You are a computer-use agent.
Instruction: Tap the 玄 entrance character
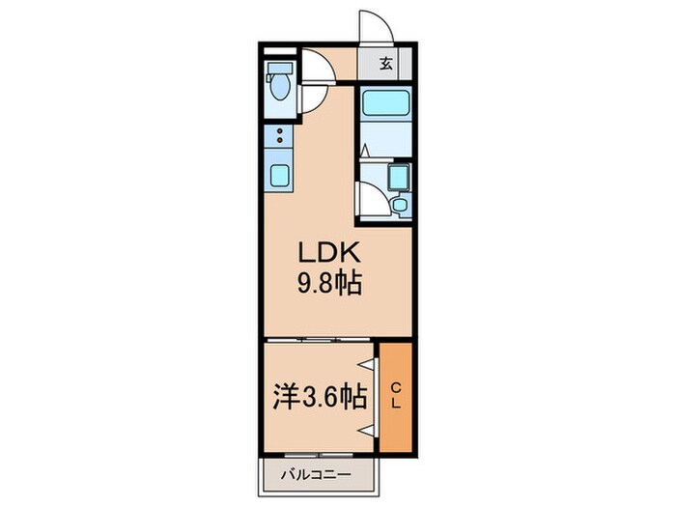coord(385,66)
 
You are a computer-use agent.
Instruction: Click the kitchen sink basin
coord(279,176)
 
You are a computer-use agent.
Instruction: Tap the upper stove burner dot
coord(279,130)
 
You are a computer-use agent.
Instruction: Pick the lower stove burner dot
coord(279,141)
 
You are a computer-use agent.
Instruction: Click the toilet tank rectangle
coord(278,69)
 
